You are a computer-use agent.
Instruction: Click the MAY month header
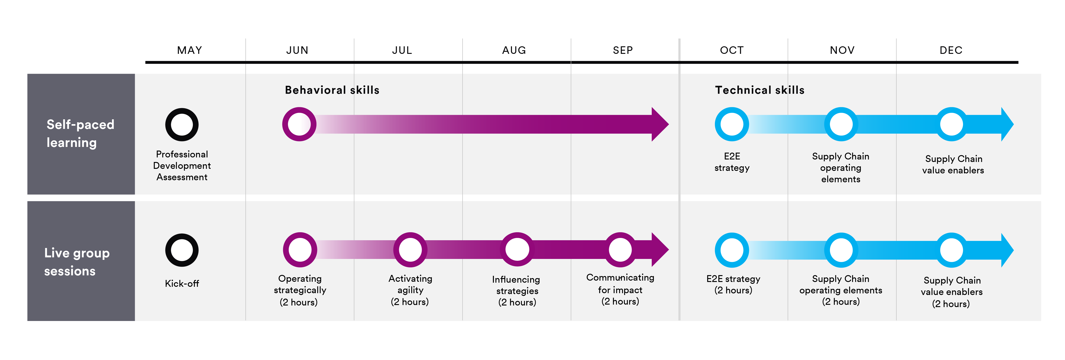click(x=189, y=50)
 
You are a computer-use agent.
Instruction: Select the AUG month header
click(x=514, y=50)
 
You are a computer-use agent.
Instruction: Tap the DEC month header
click(x=951, y=50)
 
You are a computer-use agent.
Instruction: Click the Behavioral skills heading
click(x=332, y=90)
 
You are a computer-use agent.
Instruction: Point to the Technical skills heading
click(x=759, y=90)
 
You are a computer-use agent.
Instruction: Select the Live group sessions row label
click(x=77, y=262)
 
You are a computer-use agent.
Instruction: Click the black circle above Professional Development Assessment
click(x=182, y=124)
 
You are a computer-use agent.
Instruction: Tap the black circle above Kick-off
click(x=182, y=250)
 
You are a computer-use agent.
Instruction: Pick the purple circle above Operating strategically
click(x=300, y=250)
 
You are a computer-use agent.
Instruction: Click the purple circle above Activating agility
click(x=410, y=250)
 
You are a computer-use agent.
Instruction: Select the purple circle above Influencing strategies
click(x=517, y=250)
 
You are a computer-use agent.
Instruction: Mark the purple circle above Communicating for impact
click(x=620, y=250)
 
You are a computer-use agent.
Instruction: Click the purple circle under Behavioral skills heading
click(x=299, y=124)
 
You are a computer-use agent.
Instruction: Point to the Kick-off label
click(x=182, y=284)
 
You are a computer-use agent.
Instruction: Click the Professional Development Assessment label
click(x=182, y=166)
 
